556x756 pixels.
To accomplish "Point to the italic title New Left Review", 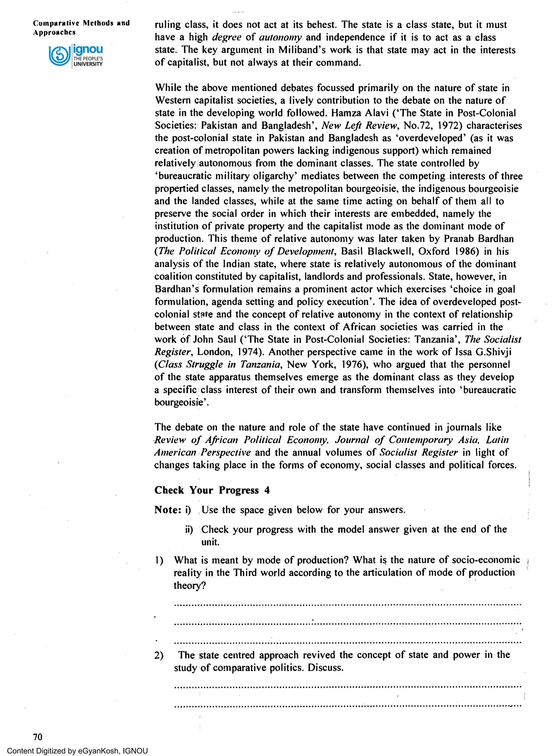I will tap(359, 126).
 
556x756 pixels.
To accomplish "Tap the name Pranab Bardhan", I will tap(479, 239).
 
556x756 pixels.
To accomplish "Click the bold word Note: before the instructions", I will tap(168, 510).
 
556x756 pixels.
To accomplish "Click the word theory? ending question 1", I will tap(189, 586).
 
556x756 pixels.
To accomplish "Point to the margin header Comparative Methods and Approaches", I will tap(81, 28).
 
